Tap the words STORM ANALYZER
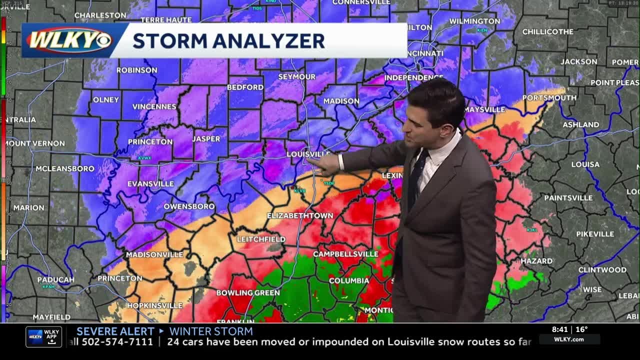click(228, 40)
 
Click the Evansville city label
click(150, 184)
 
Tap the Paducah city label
click(55, 279)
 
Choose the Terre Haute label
click(166, 20)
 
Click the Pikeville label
click(595, 234)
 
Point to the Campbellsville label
click(345, 254)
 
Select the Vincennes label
click(154, 106)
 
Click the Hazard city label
click(537, 261)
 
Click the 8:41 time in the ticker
click(559, 329)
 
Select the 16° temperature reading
click(581, 329)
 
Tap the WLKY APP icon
click(44, 336)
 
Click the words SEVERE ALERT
click(115, 331)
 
